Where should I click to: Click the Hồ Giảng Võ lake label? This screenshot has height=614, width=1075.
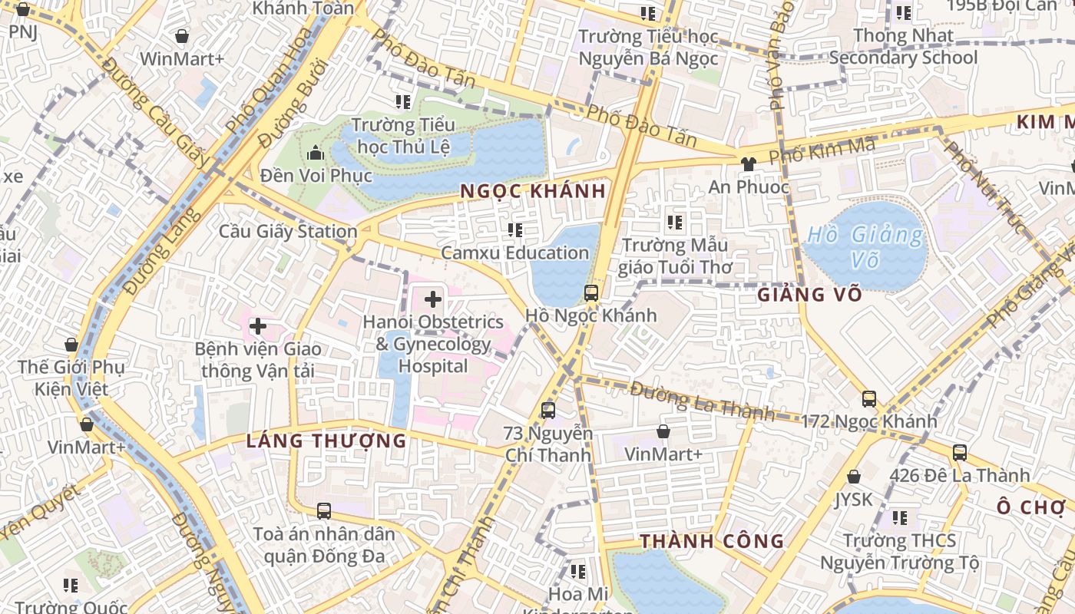click(x=865, y=247)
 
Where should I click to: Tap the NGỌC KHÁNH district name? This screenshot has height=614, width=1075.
click(x=533, y=191)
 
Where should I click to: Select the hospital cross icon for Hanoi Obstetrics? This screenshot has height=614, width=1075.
click(x=433, y=299)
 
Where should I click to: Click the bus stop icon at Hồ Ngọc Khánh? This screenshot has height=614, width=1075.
click(x=590, y=292)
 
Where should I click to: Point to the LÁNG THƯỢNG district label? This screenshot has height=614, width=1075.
click(x=326, y=441)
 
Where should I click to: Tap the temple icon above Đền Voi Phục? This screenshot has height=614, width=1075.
click(x=316, y=153)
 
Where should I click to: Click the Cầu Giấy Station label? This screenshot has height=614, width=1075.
click(x=288, y=231)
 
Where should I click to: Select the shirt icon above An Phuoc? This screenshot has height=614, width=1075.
click(x=748, y=163)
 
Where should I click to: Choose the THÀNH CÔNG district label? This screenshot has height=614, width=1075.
click(x=712, y=541)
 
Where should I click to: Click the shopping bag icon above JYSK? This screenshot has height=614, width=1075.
click(x=853, y=477)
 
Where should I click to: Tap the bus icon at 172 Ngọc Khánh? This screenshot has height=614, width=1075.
click(x=868, y=399)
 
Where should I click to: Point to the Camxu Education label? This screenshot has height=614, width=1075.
click(x=514, y=253)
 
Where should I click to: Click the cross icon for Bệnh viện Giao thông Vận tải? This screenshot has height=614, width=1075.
click(x=258, y=327)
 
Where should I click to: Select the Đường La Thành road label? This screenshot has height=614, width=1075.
click(x=702, y=401)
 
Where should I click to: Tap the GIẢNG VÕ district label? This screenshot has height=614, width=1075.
click(x=809, y=294)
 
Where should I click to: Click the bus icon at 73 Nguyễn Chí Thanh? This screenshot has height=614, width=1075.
click(x=548, y=411)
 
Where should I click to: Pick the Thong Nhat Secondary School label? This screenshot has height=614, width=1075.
click(x=903, y=47)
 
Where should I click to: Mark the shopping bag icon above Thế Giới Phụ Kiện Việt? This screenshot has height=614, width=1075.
click(x=71, y=345)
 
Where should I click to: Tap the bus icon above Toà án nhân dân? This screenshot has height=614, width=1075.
click(x=324, y=510)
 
